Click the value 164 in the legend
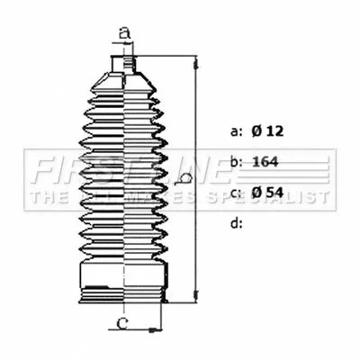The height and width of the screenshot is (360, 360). click(x=265, y=162)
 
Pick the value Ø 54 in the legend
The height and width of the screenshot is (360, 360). click(x=267, y=192)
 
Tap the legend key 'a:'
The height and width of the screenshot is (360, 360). click(x=237, y=131)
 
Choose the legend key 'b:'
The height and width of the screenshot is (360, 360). click(x=237, y=162)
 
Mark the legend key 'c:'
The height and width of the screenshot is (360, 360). click(x=237, y=192)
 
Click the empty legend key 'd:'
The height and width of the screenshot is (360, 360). click(x=237, y=222)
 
